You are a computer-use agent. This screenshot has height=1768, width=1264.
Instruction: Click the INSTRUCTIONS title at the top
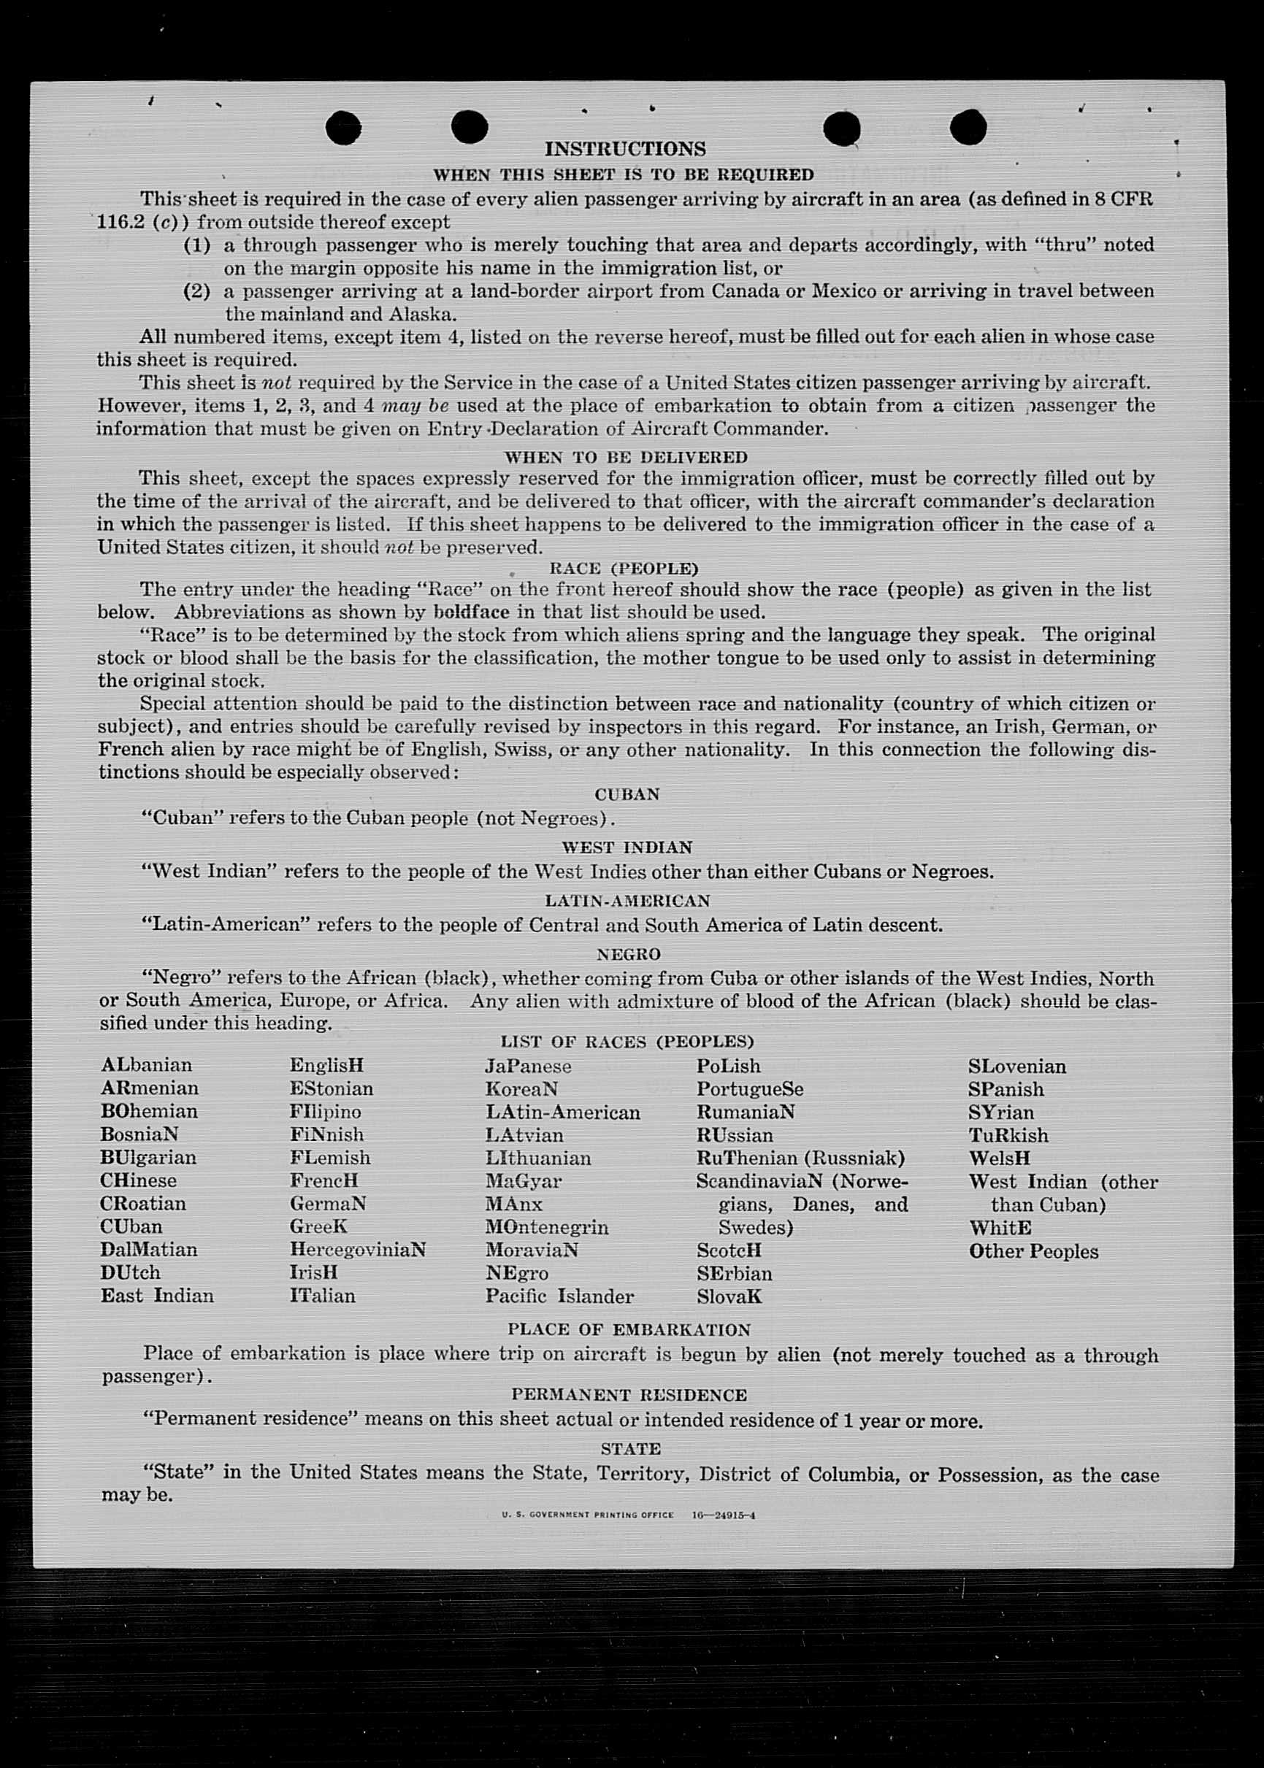[x=625, y=149]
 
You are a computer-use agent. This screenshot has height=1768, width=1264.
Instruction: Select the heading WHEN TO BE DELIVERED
[x=626, y=457]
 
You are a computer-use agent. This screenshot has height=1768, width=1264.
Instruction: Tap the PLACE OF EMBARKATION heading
[x=629, y=1329]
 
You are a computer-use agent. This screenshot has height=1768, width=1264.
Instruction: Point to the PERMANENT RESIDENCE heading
[x=629, y=1394]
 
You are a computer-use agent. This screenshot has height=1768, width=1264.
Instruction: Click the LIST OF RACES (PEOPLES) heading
[x=627, y=1041]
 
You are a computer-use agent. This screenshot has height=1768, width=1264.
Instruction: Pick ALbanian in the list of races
[x=146, y=1064]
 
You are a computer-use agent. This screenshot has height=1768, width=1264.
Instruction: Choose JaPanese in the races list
[x=528, y=1066]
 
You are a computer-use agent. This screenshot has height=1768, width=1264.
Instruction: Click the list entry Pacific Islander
[x=559, y=1296]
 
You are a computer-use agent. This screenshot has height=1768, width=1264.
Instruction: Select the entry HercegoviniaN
[x=358, y=1250]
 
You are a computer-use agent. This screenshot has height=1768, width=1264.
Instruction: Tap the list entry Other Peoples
[x=1033, y=1251]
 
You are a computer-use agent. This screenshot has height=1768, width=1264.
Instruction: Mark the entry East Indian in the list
[x=156, y=1296]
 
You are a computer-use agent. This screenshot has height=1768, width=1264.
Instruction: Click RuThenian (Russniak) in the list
[x=800, y=1158]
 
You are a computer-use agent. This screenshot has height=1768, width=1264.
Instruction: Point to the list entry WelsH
[x=1000, y=1158]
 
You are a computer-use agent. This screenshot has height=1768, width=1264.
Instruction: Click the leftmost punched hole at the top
[x=343, y=128]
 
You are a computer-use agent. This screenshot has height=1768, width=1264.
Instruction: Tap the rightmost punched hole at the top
[x=968, y=127]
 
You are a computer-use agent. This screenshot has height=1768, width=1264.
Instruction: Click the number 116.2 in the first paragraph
[x=120, y=222]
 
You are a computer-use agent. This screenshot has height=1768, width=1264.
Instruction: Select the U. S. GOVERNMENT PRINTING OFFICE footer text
[x=588, y=1515]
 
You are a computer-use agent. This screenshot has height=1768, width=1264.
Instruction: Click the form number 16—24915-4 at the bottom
[x=723, y=1515]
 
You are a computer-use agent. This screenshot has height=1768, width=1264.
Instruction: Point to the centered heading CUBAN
[x=627, y=794]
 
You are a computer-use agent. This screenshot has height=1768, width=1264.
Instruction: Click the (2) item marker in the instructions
[x=197, y=291]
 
